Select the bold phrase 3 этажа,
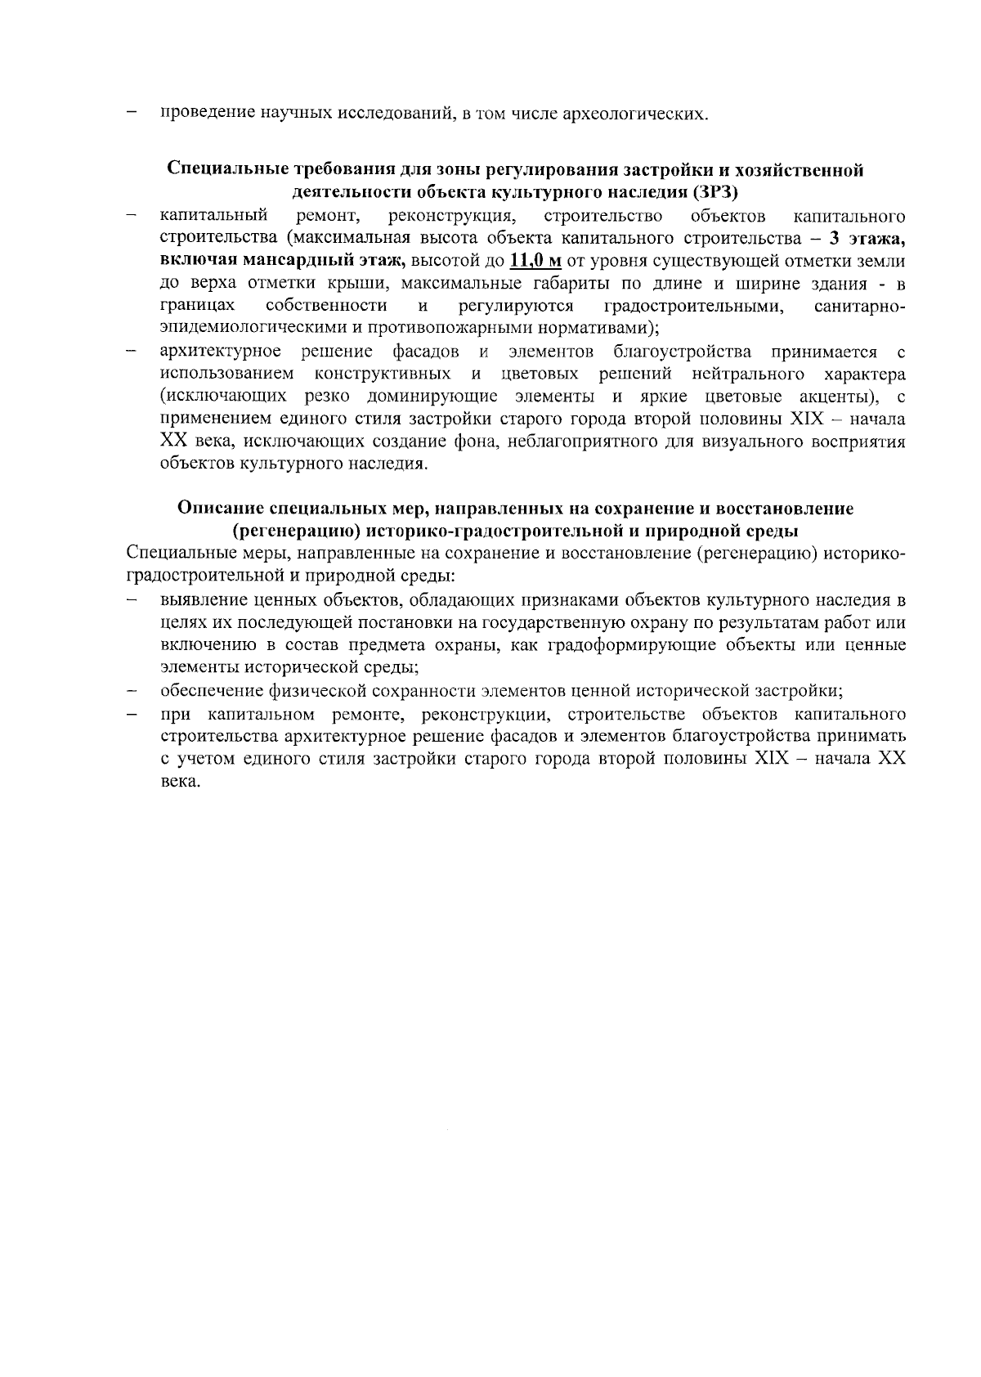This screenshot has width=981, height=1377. tap(867, 239)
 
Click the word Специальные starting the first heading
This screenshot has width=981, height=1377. tap(222, 170)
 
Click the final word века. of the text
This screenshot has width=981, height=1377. tap(180, 781)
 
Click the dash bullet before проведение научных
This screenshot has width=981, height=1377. tap(131, 113)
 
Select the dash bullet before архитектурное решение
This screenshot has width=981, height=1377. tap(131, 352)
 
